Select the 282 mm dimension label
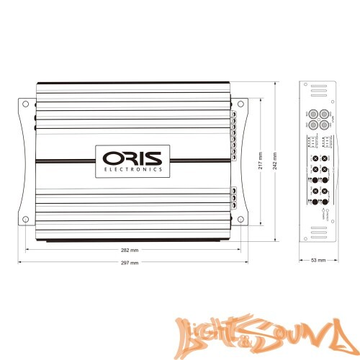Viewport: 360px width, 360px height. tap(130, 251)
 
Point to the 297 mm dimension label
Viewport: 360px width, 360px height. tap(130, 264)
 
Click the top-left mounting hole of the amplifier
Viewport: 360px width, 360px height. tap(26, 105)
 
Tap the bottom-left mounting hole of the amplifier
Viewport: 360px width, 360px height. tap(26, 219)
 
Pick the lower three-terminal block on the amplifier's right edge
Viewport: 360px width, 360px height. tap(234, 197)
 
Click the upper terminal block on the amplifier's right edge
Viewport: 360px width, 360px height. tap(235, 132)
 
